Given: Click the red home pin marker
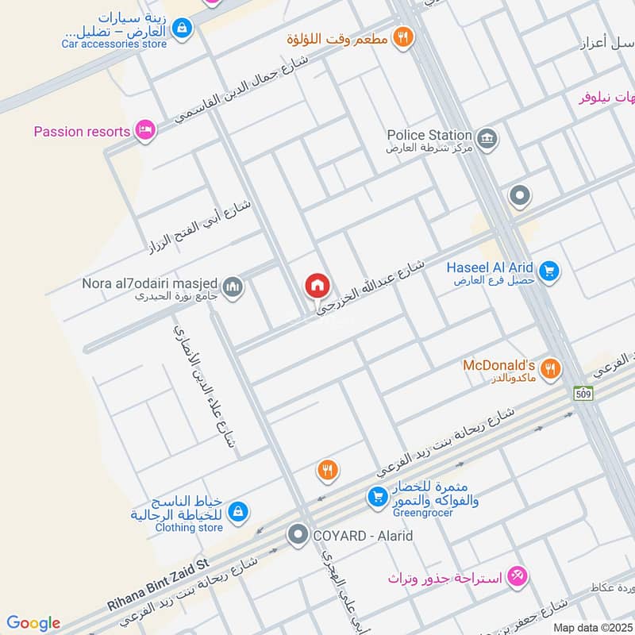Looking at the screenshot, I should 317,286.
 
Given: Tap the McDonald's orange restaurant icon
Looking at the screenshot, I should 550,368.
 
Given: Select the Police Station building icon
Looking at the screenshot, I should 487,137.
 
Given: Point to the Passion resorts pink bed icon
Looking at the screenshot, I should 144,131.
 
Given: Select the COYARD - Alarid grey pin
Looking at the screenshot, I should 298,535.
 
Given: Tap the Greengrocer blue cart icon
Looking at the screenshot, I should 377,498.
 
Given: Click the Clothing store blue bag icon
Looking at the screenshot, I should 238,514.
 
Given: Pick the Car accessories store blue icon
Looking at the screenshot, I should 183,29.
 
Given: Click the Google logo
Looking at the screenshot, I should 33,623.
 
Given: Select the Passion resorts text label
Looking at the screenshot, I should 82,131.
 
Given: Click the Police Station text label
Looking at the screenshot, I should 429,136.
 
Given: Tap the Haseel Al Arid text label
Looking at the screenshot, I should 490,267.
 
